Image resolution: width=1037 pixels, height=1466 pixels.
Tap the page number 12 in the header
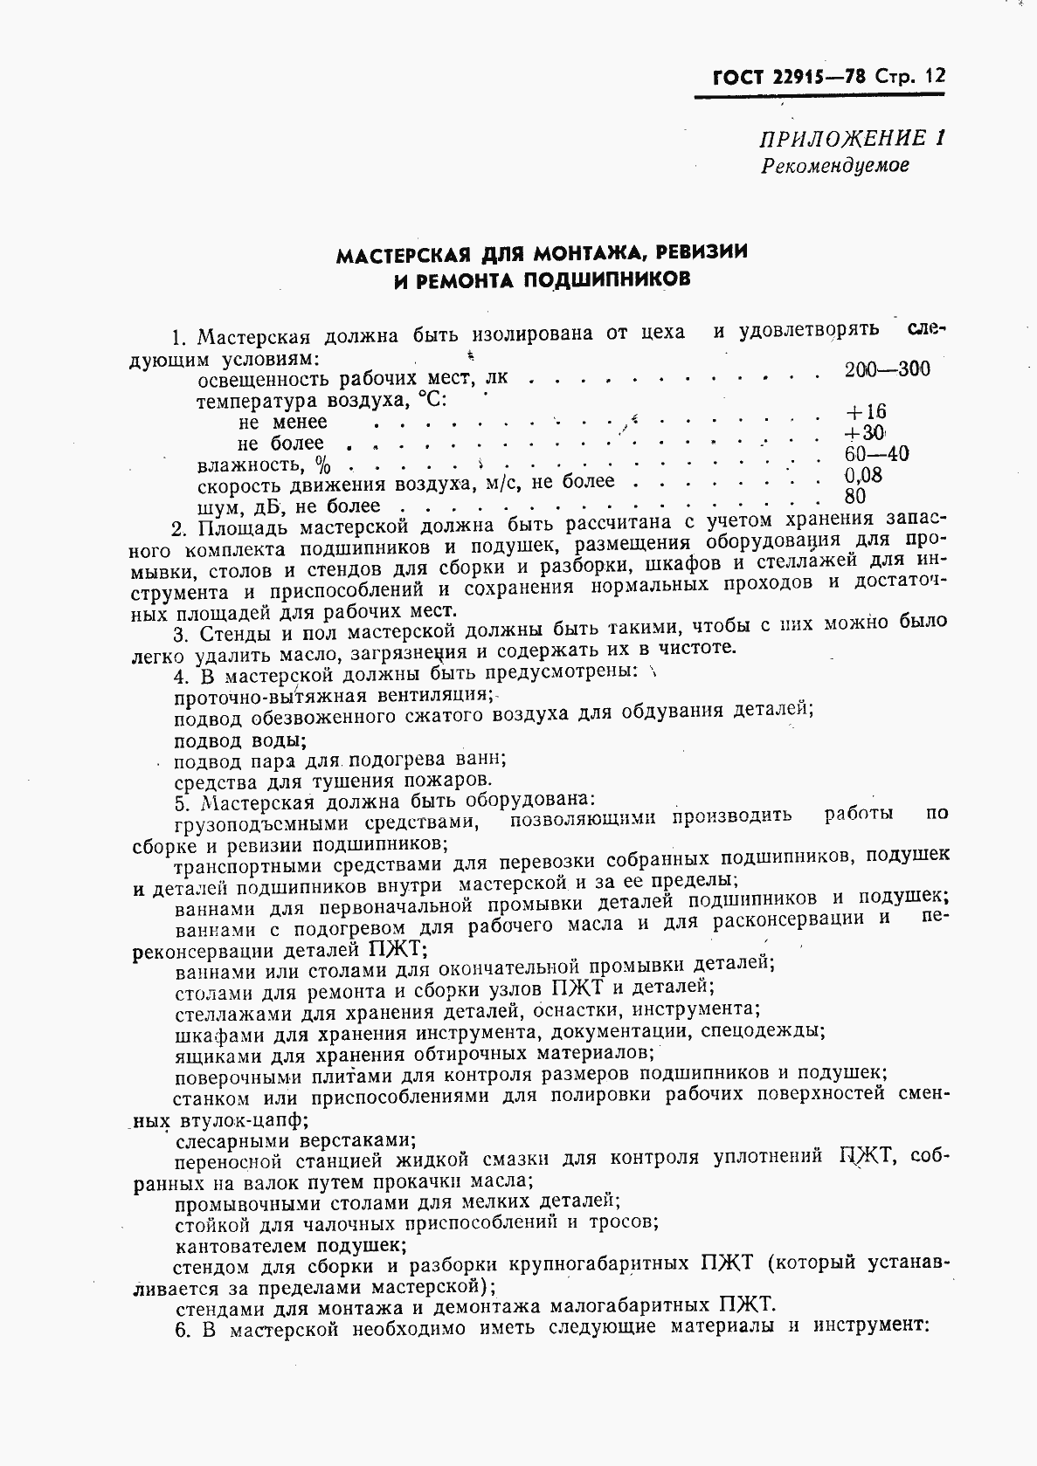(x=934, y=76)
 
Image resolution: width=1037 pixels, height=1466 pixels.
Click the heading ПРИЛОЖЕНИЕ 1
(x=853, y=138)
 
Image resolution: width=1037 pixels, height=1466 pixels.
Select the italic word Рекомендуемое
(x=834, y=164)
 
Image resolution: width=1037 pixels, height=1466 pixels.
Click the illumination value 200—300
(x=887, y=368)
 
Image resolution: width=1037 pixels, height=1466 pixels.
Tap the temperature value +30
(x=865, y=433)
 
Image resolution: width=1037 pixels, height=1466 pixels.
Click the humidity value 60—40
(x=876, y=454)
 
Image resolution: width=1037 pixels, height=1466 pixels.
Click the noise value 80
(x=855, y=496)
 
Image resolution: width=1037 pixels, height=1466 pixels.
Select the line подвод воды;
(x=240, y=740)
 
